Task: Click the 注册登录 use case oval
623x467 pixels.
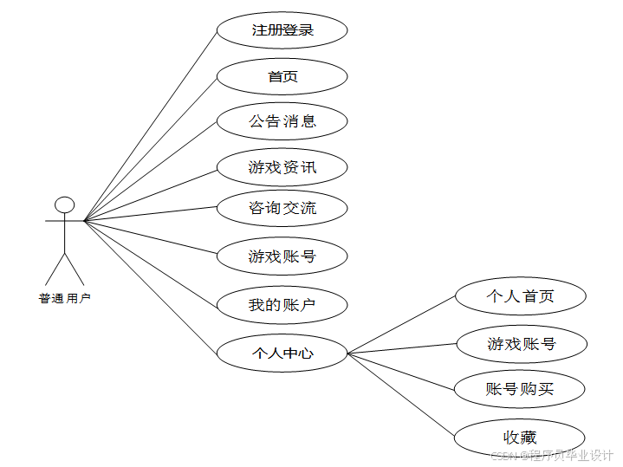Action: tap(282, 30)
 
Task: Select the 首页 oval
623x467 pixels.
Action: tap(282, 76)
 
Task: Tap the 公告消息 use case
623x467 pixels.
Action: tap(282, 121)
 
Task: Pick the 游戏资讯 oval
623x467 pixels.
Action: tap(282, 167)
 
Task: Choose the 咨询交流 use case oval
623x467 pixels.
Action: tap(282, 208)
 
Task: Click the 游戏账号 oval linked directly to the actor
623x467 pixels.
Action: tap(282, 256)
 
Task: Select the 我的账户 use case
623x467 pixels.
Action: tap(282, 305)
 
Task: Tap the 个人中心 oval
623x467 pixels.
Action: tap(282, 353)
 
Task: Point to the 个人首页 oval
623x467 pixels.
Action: tap(520, 297)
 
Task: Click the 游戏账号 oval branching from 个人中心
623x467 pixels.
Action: tap(521, 344)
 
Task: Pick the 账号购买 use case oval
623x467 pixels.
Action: tap(520, 389)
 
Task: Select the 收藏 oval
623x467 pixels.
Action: tap(520, 437)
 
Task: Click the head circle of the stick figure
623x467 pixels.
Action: tap(64, 205)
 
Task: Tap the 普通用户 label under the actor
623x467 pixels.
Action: tap(64, 299)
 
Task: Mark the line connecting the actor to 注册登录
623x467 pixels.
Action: tap(150, 125)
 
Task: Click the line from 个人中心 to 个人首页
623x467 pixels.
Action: tap(402, 325)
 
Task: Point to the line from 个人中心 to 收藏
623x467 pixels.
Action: tap(401, 394)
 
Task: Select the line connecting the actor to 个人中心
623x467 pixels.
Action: tap(150, 287)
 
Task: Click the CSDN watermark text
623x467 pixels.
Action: tap(551, 455)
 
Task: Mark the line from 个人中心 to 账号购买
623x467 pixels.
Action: tap(401, 371)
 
